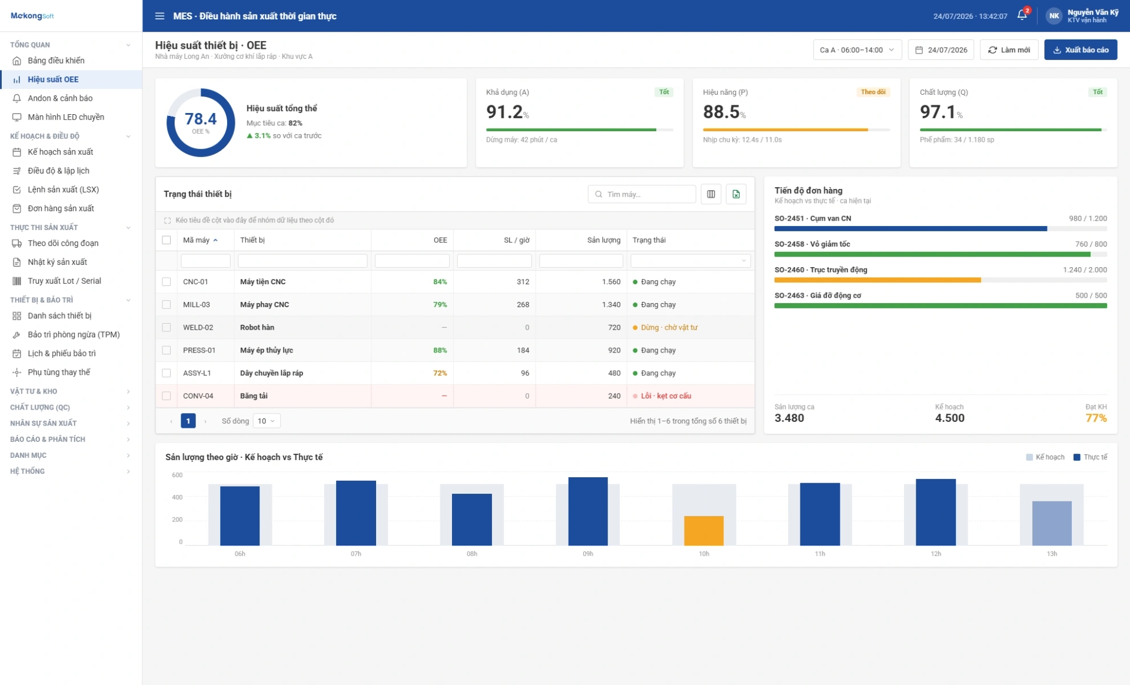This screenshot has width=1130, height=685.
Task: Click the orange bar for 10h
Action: pyautogui.click(x=703, y=530)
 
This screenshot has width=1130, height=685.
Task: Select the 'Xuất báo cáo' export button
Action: pyautogui.click(x=1081, y=50)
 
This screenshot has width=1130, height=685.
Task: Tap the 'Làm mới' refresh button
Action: pyautogui.click(x=1009, y=50)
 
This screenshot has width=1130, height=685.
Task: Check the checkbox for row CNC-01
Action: pyautogui.click(x=167, y=282)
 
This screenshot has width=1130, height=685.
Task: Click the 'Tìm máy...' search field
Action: pyautogui.click(x=642, y=194)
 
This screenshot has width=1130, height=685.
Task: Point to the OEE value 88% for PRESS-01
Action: pyautogui.click(x=440, y=350)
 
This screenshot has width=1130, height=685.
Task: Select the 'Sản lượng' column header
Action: pyautogui.click(x=603, y=240)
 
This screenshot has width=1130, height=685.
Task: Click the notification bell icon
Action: pyautogui.click(x=1022, y=15)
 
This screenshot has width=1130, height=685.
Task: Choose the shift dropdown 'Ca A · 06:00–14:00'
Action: pyautogui.click(x=857, y=50)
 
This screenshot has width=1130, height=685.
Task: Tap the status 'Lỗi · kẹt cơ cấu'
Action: pyautogui.click(x=666, y=396)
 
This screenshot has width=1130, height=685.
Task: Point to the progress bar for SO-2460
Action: pyautogui.click(x=940, y=280)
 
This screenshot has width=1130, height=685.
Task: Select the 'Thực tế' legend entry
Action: pyautogui.click(x=1090, y=457)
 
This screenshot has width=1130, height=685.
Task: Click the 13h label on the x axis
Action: pyautogui.click(x=1052, y=554)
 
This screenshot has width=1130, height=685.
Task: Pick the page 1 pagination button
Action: pyautogui.click(x=188, y=421)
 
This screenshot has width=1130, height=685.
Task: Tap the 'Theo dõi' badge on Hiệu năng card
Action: pyautogui.click(x=873, y=92)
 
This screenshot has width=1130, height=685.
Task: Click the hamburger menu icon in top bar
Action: pyautogui.click(x=159, y=16)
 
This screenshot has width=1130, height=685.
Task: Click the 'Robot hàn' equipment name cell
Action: pyautogui.click(x=257, y=328)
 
